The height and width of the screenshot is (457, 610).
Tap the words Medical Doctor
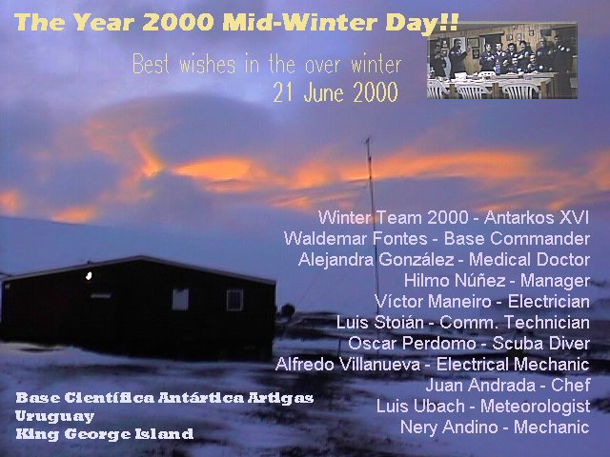pos(530,260)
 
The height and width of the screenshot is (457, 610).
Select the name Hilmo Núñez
pos(455,281)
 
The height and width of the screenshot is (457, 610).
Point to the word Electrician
pos(549,302)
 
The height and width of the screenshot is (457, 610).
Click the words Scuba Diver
pos(541,343)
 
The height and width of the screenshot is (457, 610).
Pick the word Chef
pos(571,385)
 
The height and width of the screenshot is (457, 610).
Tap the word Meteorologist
pos(536,407)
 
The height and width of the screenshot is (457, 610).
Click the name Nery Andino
pos(449,427)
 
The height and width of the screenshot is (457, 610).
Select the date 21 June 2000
pos(335,92)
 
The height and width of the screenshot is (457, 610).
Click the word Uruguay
pos(54,416)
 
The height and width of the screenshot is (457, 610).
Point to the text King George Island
pos(104,434)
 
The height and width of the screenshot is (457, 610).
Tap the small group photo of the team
pos(502,61)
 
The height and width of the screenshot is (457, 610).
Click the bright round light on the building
pos(89,276)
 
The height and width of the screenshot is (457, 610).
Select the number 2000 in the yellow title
pos(178,23)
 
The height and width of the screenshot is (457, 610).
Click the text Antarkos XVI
pos(537,218)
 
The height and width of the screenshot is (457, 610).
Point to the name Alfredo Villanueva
pos(348,364)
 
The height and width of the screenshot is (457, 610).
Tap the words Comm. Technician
pos(515,323)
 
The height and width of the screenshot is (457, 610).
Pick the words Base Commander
pos(517,238)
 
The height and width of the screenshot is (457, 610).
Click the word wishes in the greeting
pos(208,65)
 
